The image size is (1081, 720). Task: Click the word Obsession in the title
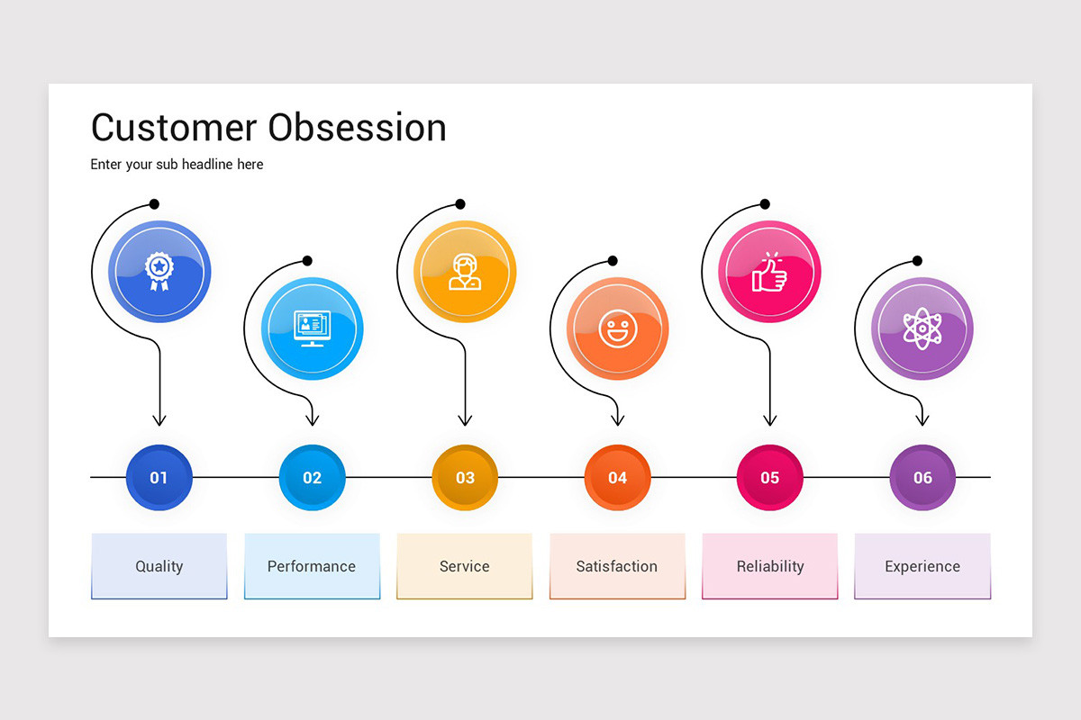pyautogui.click(x=357, y=128)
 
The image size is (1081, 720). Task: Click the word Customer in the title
pyautogui.click(x=174, y=128)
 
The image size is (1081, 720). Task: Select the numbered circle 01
pyautogui.click(x=159, y=477)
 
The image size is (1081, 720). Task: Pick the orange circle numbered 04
pyautogui.click(x=617, y=477)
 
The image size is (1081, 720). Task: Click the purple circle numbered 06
pyautogui.click(x=922, y=477)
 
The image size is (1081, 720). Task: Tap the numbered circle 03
pyautogui.click(x=465, y=477)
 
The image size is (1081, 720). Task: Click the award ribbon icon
pyautogui.click(x=159, y=272)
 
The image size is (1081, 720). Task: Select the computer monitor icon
pyautogui.click(x=313, y=328)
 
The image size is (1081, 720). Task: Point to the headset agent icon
pyautogui.click(x=465, y=273)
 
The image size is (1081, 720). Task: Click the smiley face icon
pyautogui.click(x=618, y=328)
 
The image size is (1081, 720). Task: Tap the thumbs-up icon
pyautogui.click(x=769, y=272)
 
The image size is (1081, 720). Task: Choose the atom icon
pyautogui.click(x=922, y=328)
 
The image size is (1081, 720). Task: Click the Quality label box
pyautogui.click(x=159, y=566)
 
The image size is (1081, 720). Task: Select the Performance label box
pyautogui.click(x=313, y=566)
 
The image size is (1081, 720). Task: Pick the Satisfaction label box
pyautogui.click(x=617, y=566)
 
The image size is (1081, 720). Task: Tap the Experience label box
pyautogui.click(x=922, y=566)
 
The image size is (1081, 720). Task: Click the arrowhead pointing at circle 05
pyautogui.click(x=769, y=420)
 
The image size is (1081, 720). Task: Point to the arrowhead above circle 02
pyautogui.click(x=313, y=420)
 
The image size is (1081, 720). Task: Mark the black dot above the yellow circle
pyautogui.click(x=460, y=204)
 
